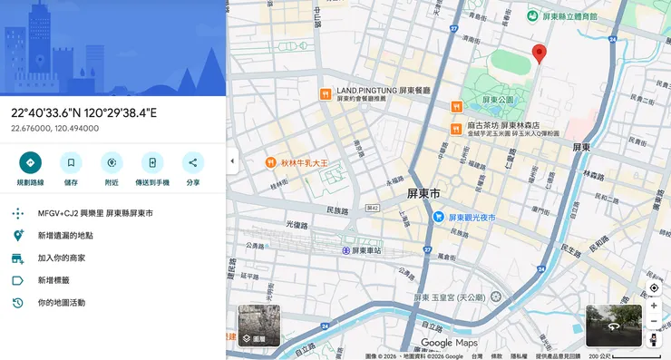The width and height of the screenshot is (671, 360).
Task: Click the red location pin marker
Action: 540,53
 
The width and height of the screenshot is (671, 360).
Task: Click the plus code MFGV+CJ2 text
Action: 94,213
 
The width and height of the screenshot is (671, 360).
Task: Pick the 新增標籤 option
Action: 53,281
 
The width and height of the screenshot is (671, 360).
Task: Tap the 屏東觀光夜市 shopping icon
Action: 438,217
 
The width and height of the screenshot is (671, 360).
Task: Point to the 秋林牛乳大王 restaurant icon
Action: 270,163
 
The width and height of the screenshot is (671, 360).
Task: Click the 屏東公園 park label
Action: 498,100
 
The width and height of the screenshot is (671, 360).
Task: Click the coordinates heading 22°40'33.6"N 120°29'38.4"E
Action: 83,113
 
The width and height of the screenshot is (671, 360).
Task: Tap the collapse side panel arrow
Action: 231,161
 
